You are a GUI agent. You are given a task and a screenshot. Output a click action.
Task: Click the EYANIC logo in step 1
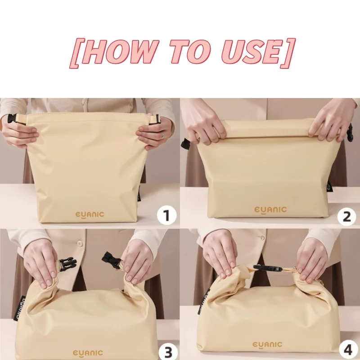(x=89, y=214)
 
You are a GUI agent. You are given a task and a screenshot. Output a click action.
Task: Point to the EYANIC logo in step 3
(x=89, y=353)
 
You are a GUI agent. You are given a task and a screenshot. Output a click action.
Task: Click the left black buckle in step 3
(x=67, y=264)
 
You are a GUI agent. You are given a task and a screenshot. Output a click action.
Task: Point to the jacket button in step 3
(x=80, y=243)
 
